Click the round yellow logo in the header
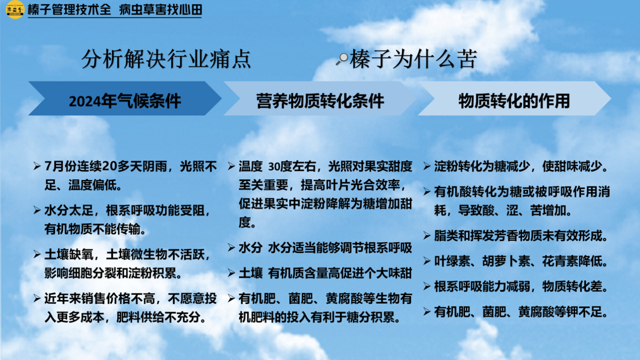click(15, 10)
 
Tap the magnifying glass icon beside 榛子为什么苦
click(342, 59)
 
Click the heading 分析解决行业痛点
click(166, 59)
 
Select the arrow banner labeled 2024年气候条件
click(125, 99)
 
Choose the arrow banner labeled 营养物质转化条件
click(320, 99)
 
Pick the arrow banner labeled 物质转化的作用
click(514, 99)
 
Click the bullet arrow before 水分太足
click(37, 211)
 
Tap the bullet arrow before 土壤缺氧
click(37, 254)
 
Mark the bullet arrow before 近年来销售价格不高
click(37, 298)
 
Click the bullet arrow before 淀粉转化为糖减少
click(427, 166)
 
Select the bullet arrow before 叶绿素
click(427, 261)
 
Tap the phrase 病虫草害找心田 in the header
click(160, 10)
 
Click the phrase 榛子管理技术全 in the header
click(69, 10)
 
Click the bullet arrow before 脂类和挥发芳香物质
click(427, 236)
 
